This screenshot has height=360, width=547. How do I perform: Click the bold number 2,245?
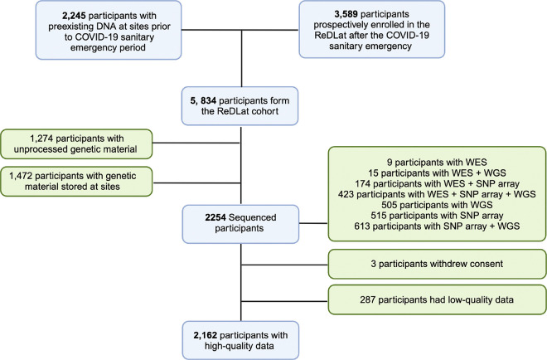74,16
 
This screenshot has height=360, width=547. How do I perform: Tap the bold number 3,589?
346,14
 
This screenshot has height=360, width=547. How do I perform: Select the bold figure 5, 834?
203,100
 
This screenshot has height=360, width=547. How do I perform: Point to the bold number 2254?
215,217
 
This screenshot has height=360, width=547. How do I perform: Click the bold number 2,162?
206,335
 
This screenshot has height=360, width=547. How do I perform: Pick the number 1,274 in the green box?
41,139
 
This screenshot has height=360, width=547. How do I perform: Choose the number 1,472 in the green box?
21,176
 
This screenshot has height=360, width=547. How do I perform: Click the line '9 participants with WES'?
437,163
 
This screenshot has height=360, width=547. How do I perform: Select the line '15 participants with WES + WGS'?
437,173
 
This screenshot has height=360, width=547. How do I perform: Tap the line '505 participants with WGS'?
437,205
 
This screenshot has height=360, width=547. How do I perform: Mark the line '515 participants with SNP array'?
437,216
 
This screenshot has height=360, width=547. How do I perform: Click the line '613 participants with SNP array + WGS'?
437,226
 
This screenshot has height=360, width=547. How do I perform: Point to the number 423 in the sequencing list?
346,194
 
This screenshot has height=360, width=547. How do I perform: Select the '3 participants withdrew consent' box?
437,264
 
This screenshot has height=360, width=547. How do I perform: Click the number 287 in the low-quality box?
368,299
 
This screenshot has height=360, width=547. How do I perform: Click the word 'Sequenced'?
253,217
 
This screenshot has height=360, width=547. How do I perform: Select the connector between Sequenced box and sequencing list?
313,223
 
